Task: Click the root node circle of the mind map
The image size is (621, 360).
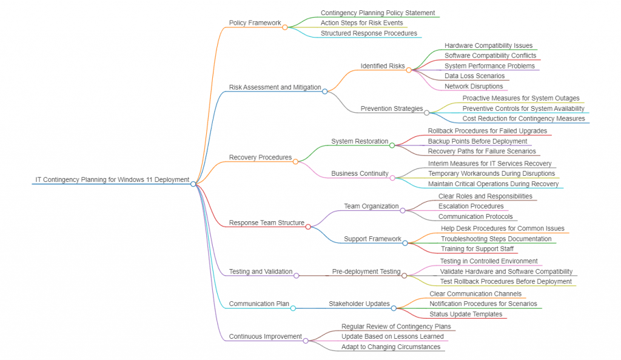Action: (x=193, y=184)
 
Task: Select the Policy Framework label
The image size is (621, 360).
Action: (x=255, y=23)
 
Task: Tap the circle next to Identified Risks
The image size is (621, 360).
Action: (x=409, y=70)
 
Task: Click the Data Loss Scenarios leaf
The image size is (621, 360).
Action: (x=474, y=76)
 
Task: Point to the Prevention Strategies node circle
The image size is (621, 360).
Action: (x=426, y=112)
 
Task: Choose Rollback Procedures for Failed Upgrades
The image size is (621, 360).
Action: (x=487, y=130)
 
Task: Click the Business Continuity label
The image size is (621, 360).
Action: (x=360, y=173)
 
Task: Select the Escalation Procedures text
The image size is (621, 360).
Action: (x=471, y=206)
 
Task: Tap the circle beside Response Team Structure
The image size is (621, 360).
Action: (x=308, y=227)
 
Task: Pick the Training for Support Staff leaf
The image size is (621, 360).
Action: (x=477, y=249)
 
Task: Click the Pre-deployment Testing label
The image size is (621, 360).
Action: (x=366, y=272)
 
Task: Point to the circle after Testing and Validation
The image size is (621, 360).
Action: (x=296, y=275)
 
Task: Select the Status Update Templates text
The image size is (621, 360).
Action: (x=466, y=314)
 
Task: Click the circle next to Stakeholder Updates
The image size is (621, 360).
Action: (x=394, y=308)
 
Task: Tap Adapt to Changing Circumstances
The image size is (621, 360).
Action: (x=391, y=347)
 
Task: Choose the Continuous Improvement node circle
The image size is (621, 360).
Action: (x=306, y=341)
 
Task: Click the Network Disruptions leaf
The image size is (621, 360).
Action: (x=474, y=86)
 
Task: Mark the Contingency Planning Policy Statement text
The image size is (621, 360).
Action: (x=377, y=13)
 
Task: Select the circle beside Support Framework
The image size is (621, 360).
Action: (x=405, y=243)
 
